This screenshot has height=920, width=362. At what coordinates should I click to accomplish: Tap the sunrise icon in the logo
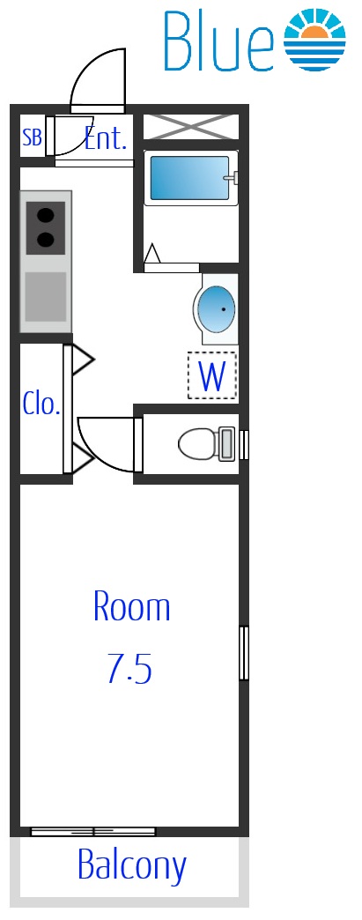pyautogui.click(x=315, y=40)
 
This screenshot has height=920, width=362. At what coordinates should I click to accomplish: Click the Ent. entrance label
pyautogui.click(x=106, y=138)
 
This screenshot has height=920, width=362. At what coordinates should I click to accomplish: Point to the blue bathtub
pyautogui.click(x=190, y=178)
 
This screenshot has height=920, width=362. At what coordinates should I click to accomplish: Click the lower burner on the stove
pyautogui.click(x=45, y=240)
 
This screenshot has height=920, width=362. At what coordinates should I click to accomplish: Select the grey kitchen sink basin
pyautogui.click(x=45, y=297)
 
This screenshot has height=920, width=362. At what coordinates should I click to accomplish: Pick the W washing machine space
pyautogui.click(x=211, y=375)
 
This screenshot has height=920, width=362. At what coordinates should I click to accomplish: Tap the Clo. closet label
pyautogui.click(x=41, y=404)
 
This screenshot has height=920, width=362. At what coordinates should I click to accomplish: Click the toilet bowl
pyautogui.click(x=198, y=444)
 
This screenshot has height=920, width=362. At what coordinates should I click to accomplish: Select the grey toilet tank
pyautogui.click(x=226, y=444)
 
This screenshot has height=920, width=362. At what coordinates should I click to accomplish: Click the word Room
pyautogui.click(x=132, y=607)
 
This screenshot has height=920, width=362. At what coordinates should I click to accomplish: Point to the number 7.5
pyautogui.click(x=129, y=669)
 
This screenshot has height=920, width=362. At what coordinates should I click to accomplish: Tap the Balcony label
pyautogui.click(x=132, y=864)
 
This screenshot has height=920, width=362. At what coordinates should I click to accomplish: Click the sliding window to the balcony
pyautogui.click(x=92, y=831)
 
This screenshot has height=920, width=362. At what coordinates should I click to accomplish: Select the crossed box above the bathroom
pyautogui.click(x=191, y=127)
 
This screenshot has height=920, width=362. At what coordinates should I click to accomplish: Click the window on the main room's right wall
pyautogui.click(x=244, y=653)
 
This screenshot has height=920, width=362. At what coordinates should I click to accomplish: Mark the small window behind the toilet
pyautogui.click(x=244, y=444)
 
